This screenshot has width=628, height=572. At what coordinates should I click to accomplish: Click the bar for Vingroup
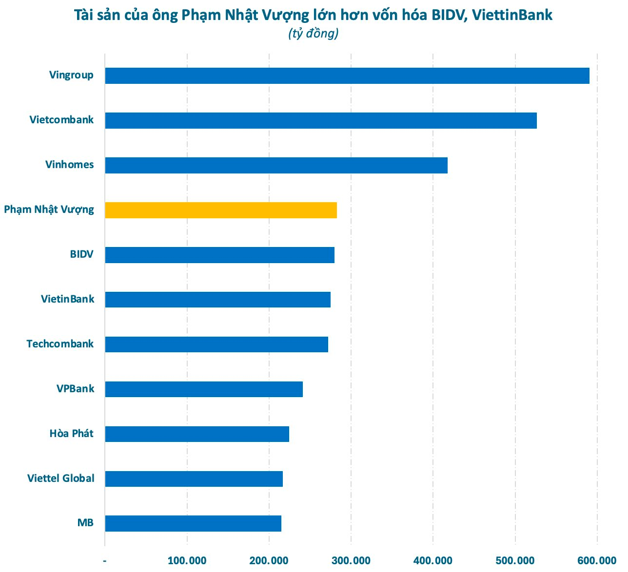pos(347,76)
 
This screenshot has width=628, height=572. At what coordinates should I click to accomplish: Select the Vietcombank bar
pos(321,120)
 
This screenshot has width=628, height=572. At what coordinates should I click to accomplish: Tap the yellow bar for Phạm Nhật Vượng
pos(221,210)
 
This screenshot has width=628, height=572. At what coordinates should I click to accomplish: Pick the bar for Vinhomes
pos(276,165)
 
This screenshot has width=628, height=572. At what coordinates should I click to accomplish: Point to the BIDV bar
pos(219,255)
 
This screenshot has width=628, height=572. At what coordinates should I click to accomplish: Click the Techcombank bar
pos(216,344)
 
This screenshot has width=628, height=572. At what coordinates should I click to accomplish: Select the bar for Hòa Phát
pos(197,434)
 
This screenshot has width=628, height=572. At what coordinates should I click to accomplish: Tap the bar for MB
pos(193,523)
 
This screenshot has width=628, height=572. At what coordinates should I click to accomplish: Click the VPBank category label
pos(75,389)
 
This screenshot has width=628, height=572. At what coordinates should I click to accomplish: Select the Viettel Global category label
pos(60,478)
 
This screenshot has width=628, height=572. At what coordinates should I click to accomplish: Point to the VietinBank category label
pos(67,299)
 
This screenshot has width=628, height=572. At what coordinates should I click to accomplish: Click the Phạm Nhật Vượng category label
pos(49,210)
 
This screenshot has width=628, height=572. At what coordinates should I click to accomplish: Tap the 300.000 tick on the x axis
pos(351,560)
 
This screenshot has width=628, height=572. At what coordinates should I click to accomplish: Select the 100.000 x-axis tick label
pos(187,560)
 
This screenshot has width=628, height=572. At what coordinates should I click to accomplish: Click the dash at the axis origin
pos(105,560)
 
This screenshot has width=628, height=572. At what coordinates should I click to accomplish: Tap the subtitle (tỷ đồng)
pos(313,34)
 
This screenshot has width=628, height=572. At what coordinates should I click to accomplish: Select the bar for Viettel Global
pos(194,478)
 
